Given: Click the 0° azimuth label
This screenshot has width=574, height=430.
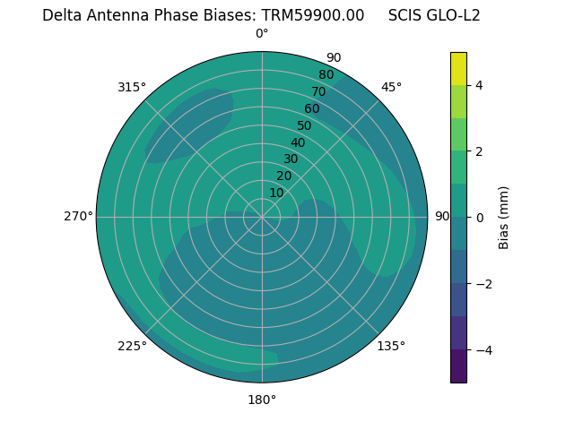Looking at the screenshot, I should (x=262, y=34).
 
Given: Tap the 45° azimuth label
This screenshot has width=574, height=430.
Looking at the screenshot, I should (x=391, y=87).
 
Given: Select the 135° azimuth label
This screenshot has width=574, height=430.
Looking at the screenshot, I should (x=391, y=346).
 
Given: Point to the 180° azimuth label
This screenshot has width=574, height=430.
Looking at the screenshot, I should (x=262, y=400).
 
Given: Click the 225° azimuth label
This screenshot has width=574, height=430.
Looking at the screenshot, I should (x=132, y=347).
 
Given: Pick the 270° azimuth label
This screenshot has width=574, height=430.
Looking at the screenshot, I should (x=78, y=216).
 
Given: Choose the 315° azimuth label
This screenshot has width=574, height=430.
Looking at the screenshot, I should (x=132, y=87).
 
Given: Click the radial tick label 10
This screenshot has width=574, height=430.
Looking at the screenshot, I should (x=276, y=193).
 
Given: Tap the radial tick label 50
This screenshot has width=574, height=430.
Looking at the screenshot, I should (x=305, y=125).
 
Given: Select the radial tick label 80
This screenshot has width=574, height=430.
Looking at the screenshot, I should (x=326, y=75).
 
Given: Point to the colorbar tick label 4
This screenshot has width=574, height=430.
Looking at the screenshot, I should (x=479, y=85).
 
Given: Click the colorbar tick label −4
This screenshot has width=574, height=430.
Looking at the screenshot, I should (x=483, y=349).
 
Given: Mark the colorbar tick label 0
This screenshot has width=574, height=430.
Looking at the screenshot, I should (x=479, y=217).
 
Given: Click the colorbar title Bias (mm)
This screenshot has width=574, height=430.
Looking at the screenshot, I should (x=504, y=217).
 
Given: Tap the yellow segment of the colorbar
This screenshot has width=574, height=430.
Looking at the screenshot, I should (x=458, y=68).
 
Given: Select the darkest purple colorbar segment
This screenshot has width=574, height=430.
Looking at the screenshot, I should (x=458, y=365).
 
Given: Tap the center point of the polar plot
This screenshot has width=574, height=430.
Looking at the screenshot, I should (x=262, y=217).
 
